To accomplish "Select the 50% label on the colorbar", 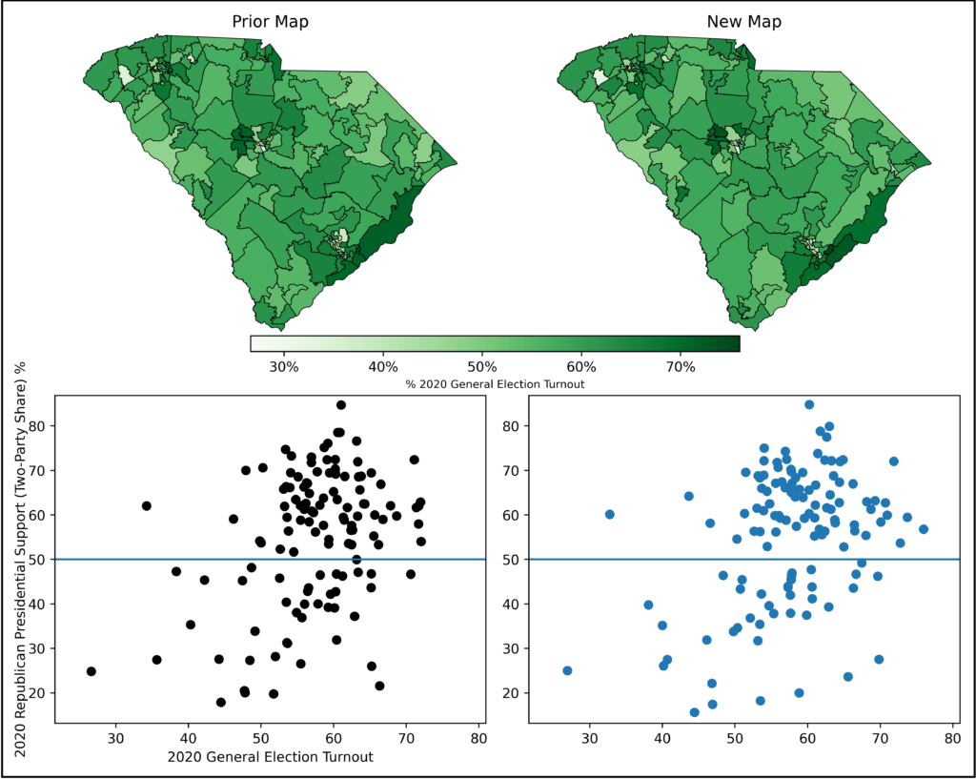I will (x=482, y=365).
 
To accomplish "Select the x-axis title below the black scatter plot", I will (x=270, y=757).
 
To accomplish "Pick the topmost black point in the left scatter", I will (x=340, y=404).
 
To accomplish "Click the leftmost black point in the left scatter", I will (x=91, y=671).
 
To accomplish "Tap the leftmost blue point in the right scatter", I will (x=567, y=670).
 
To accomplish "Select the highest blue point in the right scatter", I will (x=809, y=404).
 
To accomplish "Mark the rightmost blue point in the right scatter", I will (x=923, y=529).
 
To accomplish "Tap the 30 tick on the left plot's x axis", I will (x=115, y=737).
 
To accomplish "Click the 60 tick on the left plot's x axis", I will (x=334, y=737).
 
